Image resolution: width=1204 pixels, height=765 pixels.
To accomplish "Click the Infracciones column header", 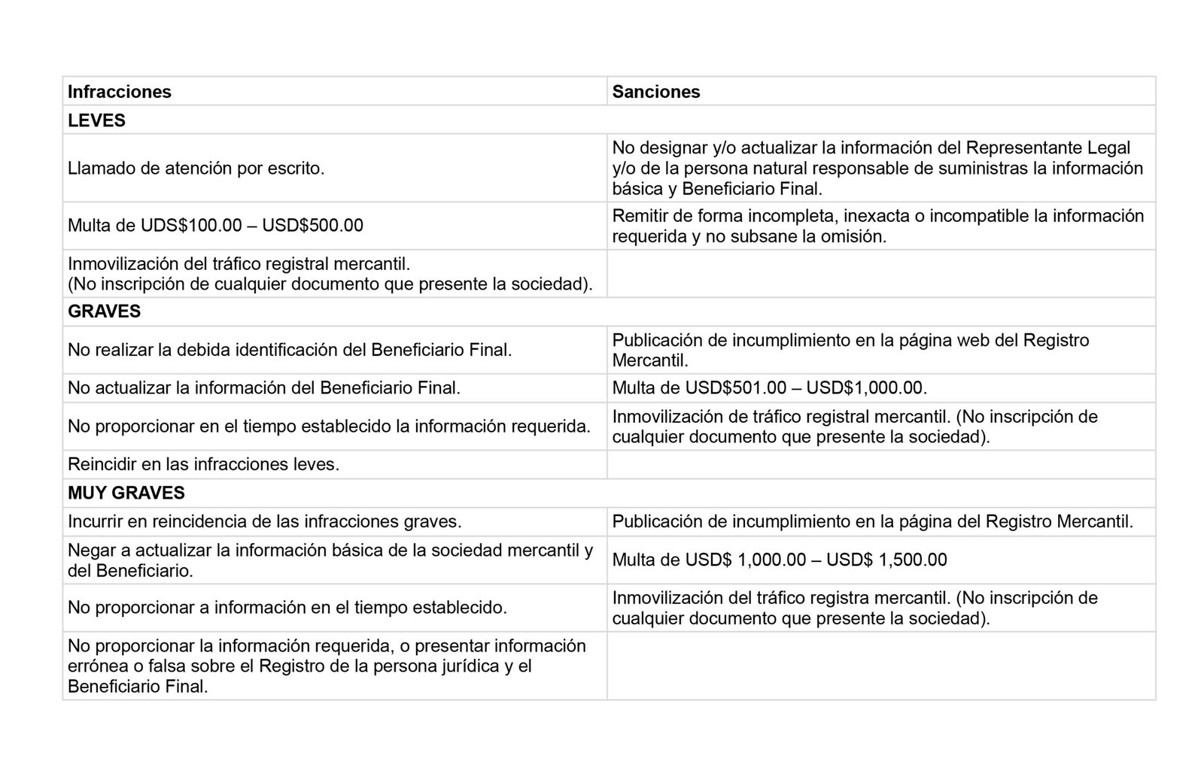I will [x=120, y=92].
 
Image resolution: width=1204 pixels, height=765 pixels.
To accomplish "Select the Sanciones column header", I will [x=656, y=92].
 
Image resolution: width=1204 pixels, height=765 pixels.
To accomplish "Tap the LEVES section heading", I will [x=96, y=120].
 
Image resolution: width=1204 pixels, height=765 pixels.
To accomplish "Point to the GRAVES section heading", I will [x=104, y=311].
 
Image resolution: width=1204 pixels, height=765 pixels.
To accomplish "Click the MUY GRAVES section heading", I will [x=126, y=493].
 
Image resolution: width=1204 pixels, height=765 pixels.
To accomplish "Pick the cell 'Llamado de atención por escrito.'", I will [x=196, y=168].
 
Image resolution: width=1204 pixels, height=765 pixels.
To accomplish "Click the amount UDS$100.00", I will [x=191, y=226].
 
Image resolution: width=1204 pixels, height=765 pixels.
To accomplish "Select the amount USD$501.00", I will [x=735, y=388].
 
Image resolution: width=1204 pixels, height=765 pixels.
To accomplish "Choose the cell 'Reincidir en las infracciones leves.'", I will [x=203, y=464].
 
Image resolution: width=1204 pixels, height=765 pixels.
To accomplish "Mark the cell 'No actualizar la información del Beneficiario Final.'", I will [x=264, y=388].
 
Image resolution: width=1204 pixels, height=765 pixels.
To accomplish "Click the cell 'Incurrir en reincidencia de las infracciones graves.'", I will [x=265, y=521].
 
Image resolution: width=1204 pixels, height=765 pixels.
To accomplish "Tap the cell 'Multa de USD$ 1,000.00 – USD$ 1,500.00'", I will [x=780, y=560].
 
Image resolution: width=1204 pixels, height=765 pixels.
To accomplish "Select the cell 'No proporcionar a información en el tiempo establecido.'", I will [x=287, y=607].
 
